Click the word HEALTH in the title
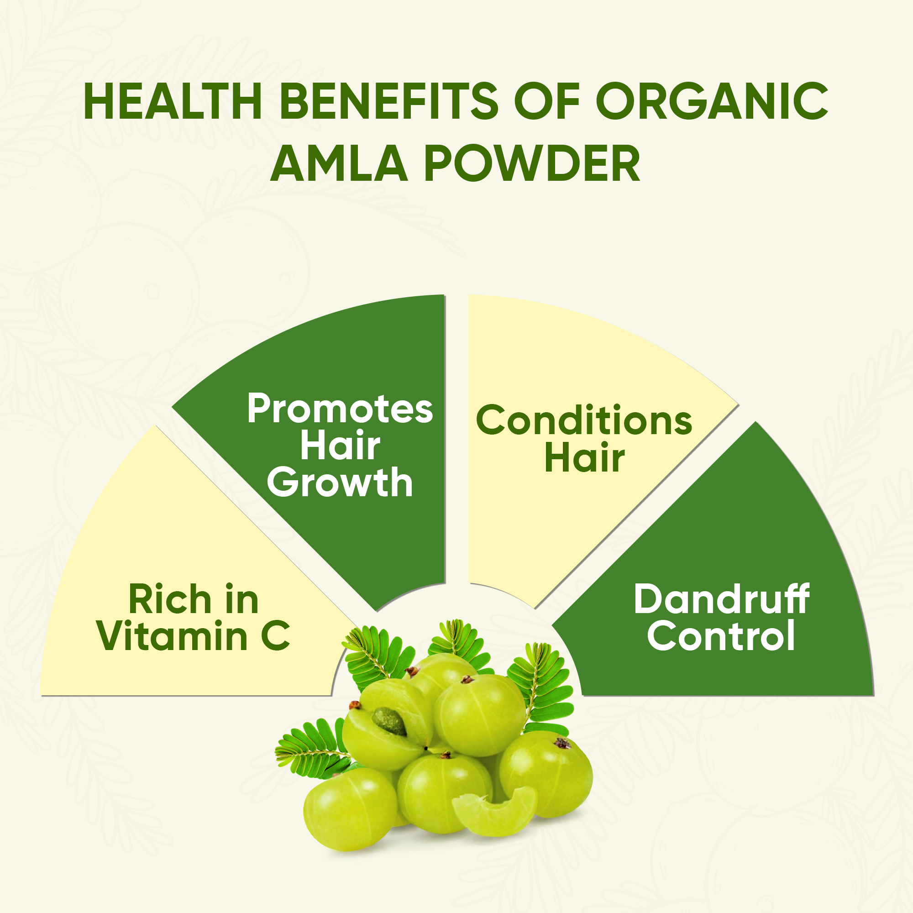point(173,101)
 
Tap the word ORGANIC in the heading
point(712,101)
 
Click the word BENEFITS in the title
point(389,101)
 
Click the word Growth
point(340,483)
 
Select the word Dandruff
point(721,599)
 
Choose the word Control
point(721,635)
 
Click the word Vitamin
point(173,635)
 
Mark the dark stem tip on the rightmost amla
point(563,743)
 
